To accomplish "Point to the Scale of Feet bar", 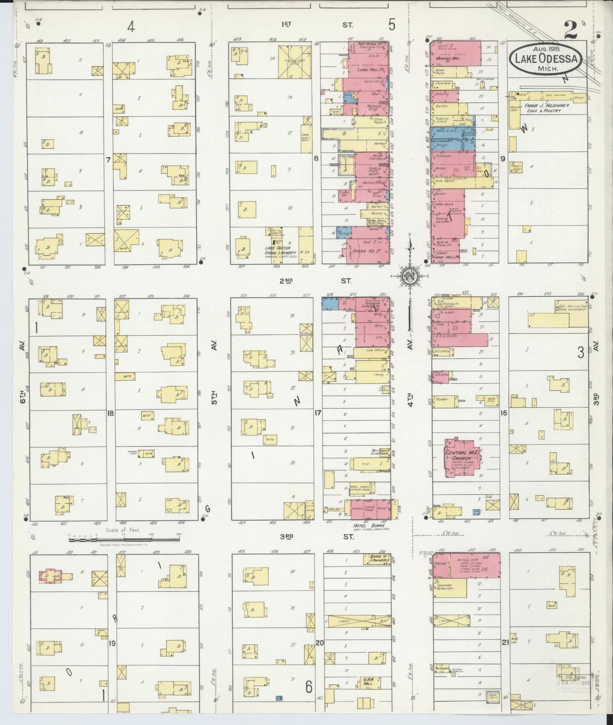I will (124, 540).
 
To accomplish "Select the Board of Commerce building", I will (377, 559).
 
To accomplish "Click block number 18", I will (110, 413).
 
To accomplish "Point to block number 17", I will (317, 413).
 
